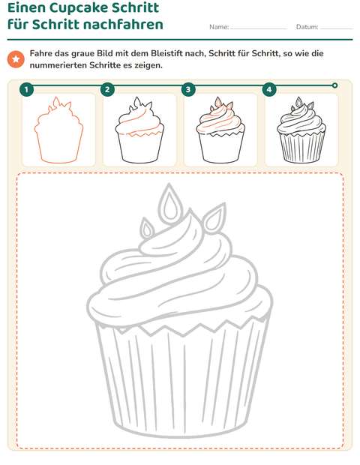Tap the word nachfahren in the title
[122, 24]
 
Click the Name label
[219, 27]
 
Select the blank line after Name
[259, 29]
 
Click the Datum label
[307, 27]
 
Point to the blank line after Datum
[337, 29]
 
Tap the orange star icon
[16, 59]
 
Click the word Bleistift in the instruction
[169, 54]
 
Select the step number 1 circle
[27, 89]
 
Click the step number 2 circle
[107, 89]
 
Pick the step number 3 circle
[188, 89]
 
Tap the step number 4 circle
[269, 89]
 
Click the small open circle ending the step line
[334, 85]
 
